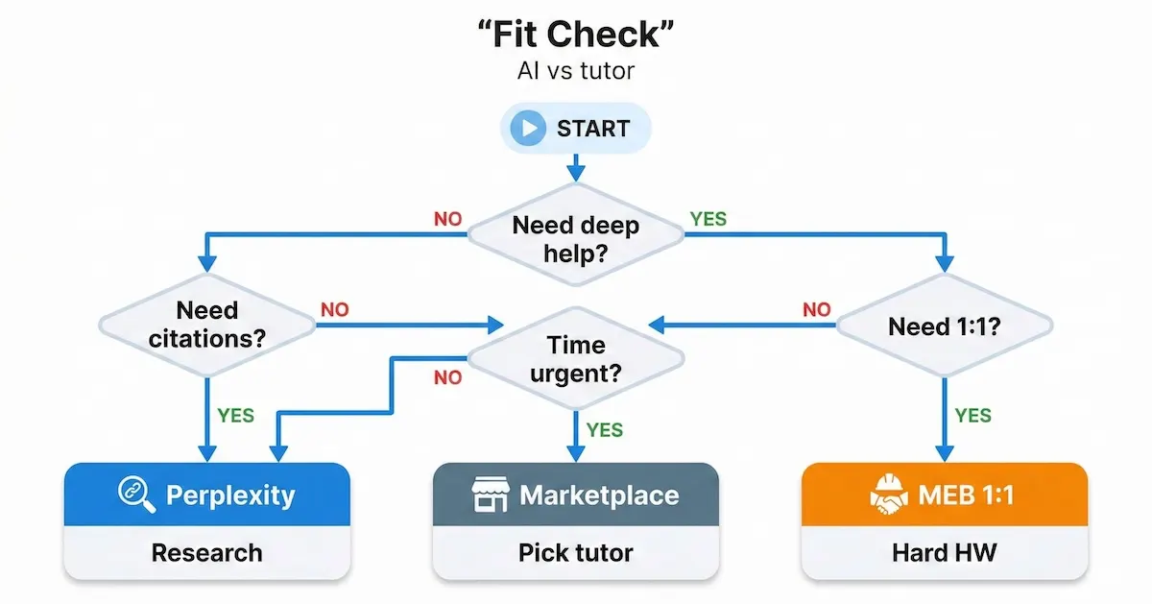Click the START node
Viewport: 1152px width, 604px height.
point(575,129)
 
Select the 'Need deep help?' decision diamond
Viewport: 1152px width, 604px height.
point(575,239)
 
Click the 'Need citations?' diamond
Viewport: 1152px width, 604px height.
point(207,325)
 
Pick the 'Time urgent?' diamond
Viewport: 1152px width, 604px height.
point(575,358)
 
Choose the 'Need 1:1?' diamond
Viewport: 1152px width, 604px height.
point(944,326)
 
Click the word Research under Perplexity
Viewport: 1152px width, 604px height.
point(207,553)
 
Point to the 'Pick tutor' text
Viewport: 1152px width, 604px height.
point(575,553)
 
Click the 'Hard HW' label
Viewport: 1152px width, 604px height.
point(944,553)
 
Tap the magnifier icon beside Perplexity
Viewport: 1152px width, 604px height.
point(136,495)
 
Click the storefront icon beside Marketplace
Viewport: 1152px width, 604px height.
point(491,495)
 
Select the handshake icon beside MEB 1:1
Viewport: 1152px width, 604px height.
point(888,495)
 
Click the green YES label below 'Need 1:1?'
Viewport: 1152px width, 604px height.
point(972,415)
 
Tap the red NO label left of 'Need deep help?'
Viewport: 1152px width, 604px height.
point(447,219)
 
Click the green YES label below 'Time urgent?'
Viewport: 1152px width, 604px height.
point(605,429)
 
